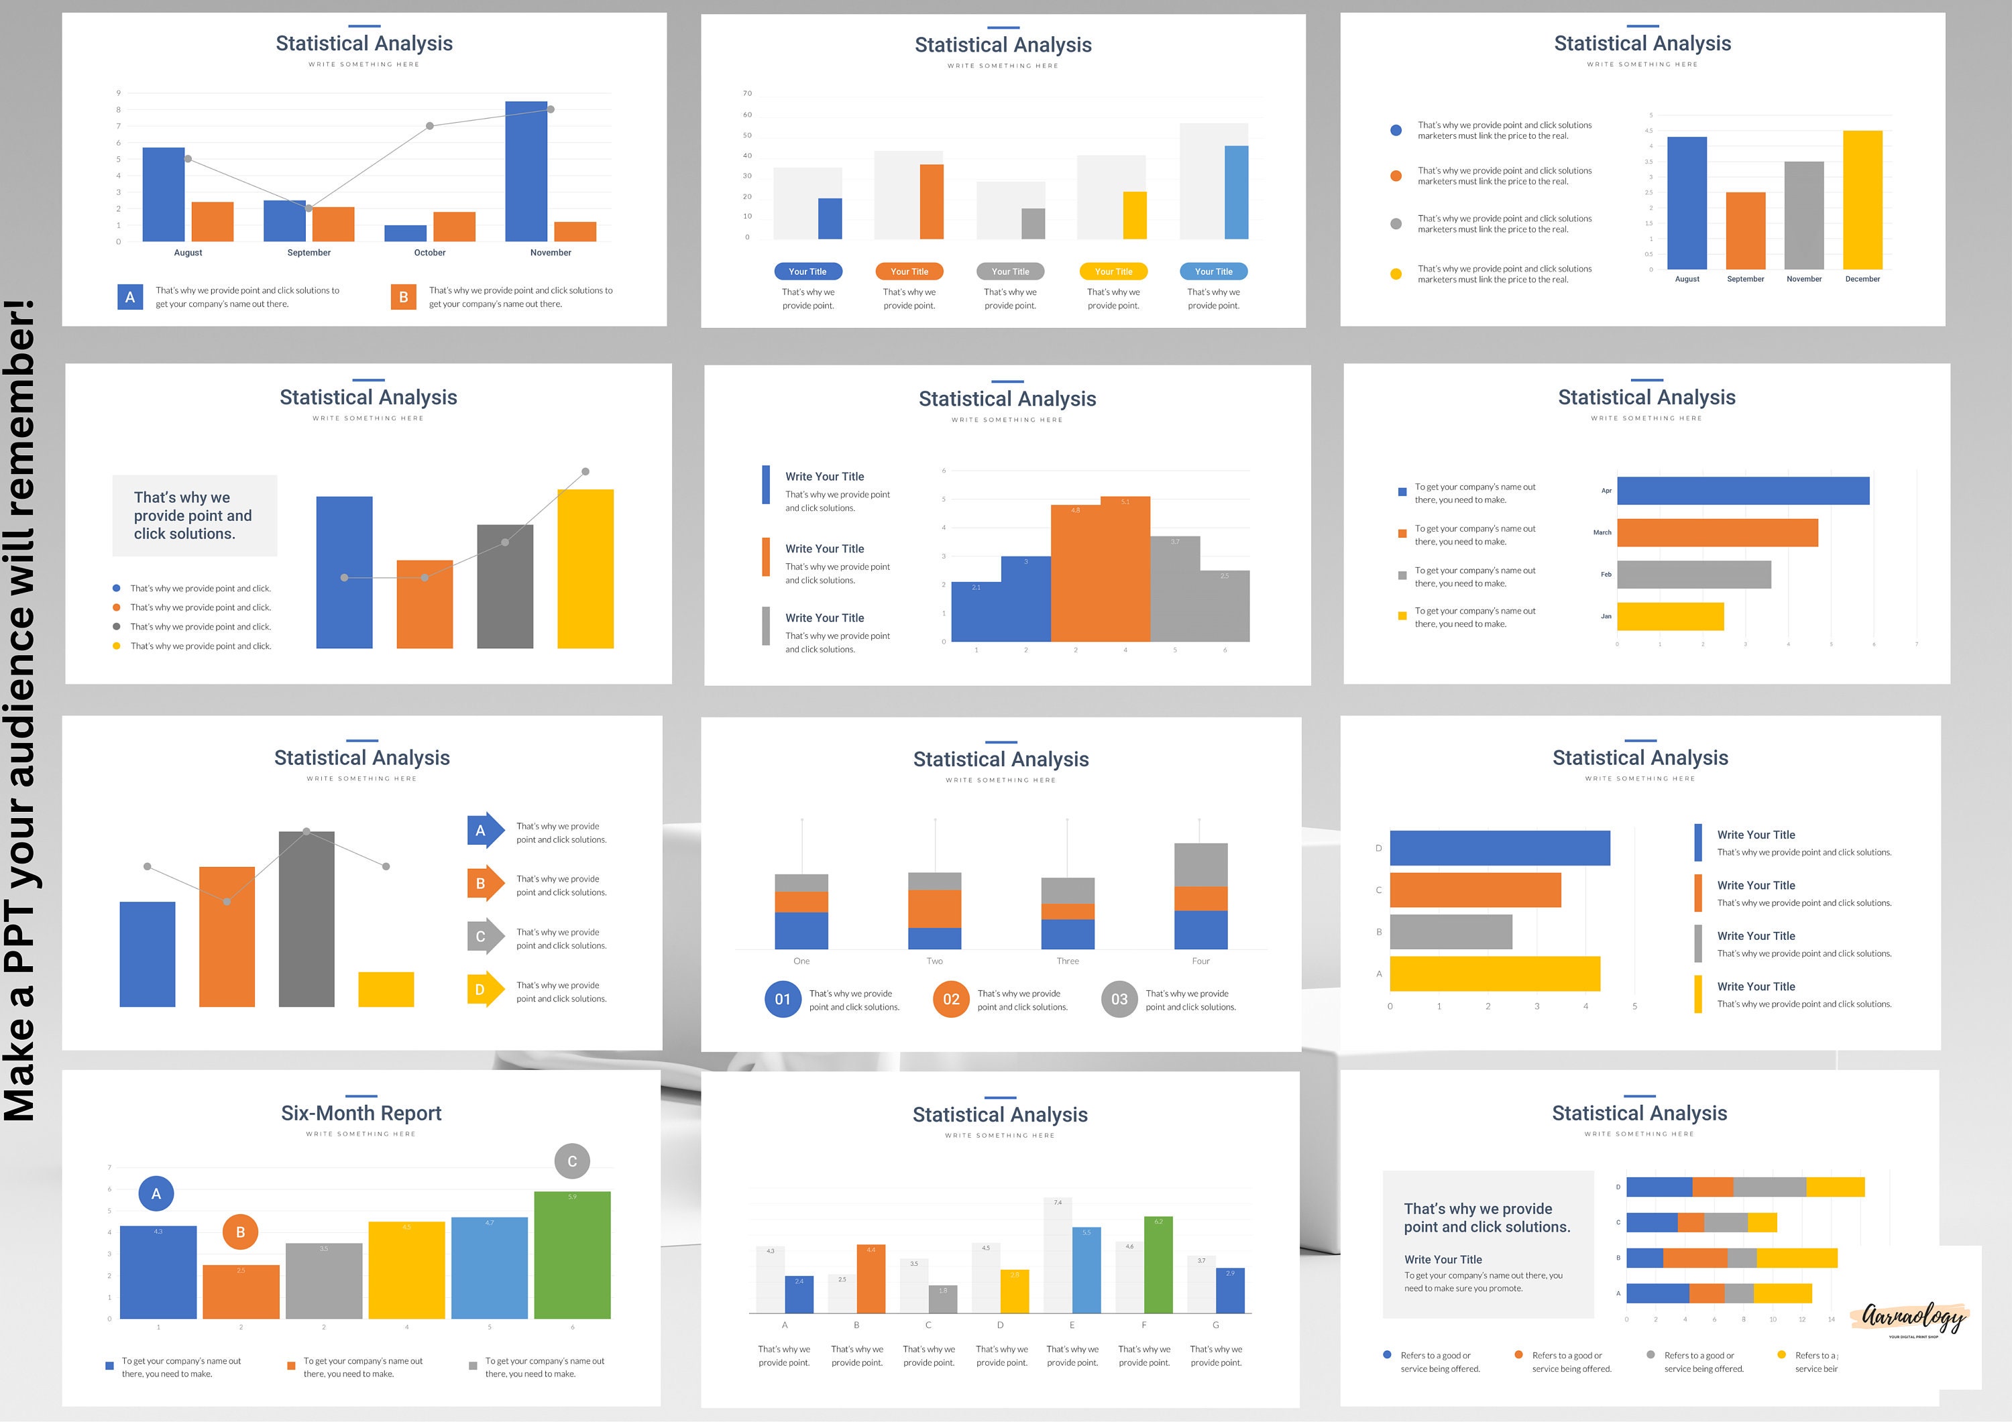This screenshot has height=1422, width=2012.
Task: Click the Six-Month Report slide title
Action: (361, 1113)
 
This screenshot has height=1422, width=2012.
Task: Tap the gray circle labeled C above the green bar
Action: (571, 1161)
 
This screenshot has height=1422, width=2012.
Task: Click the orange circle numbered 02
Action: (951, 999)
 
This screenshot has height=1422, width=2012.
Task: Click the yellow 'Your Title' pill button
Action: (1113, 272)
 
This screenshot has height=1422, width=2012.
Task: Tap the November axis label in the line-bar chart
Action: (551, 252)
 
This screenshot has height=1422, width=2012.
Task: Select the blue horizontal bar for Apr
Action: (1742, 491)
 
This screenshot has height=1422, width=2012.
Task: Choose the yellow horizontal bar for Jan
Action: (1670, 616)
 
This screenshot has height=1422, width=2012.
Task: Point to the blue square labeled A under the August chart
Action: (129, 297)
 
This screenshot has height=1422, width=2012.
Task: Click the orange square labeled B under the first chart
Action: (403, 297)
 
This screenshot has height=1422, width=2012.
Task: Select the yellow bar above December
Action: (1862, 200)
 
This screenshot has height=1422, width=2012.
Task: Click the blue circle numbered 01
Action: (783, 999)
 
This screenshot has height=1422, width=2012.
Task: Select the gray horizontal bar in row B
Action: (1450, 931)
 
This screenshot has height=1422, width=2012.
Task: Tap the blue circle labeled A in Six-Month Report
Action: (156, 1193)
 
